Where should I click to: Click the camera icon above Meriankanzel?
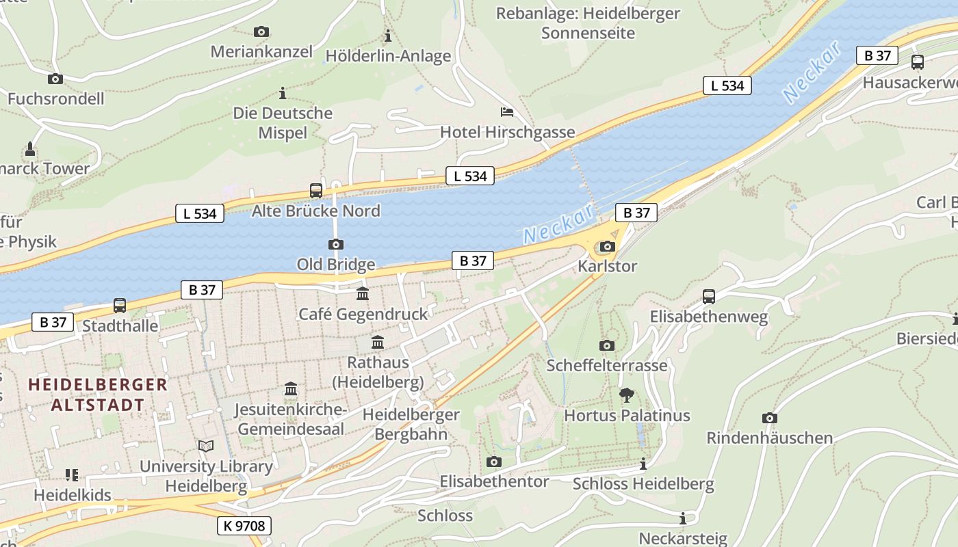point(261,31)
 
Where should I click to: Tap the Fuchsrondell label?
point(56,98)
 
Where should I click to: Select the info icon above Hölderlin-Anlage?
point(388,36)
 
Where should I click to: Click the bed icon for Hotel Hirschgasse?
point(507,112)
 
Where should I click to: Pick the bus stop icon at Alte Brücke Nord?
point(315,191)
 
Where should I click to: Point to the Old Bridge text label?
point(335,264)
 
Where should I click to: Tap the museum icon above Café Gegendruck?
point(363,294)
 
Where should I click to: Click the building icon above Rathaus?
point(378,343)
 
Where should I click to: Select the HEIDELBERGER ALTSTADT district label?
point(98,394)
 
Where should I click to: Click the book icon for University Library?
point(206,446)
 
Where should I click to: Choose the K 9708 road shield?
point(244,526)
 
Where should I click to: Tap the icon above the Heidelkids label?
point(72,475)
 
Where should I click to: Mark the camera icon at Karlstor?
point(607,247)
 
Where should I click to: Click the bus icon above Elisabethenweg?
point(709,297)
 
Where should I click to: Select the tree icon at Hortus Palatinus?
point(626,395)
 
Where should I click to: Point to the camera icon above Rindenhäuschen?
point(770,418)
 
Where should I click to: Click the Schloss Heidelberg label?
point(643,484)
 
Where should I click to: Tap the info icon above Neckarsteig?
point(682,519)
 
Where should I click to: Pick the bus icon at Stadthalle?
point(120,306)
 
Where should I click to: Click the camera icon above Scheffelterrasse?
point(606,345)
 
